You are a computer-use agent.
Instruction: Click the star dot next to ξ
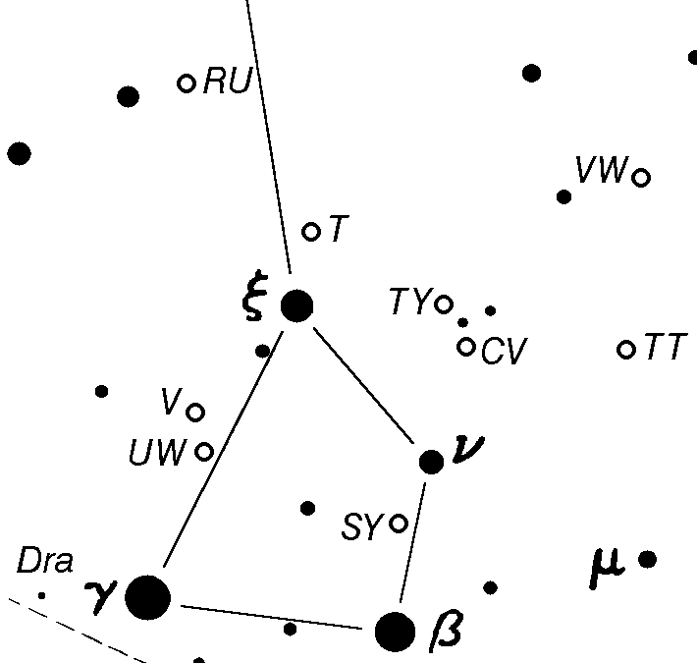click(296, 305)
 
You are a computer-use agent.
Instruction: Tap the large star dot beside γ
click(147, 597)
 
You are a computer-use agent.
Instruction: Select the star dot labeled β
click(396, 632)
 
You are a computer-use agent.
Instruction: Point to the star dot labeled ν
click(431, 462)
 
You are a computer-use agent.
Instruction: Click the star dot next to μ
click(647, 560)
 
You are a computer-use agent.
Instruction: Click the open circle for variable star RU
click(187, 83)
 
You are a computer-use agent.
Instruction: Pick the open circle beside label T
click(311, 232)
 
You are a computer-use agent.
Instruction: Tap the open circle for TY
click(444, 304)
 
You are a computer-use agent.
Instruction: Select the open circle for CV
click(466, 347)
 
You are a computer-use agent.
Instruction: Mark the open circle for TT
click(626, 349)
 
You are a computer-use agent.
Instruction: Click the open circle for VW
click(641, 178)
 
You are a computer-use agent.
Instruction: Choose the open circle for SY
click(399, 523)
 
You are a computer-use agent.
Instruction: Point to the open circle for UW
click(204, 452)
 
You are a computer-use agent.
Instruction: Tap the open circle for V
click(195, 412)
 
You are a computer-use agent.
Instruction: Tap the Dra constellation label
click(45, 562)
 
